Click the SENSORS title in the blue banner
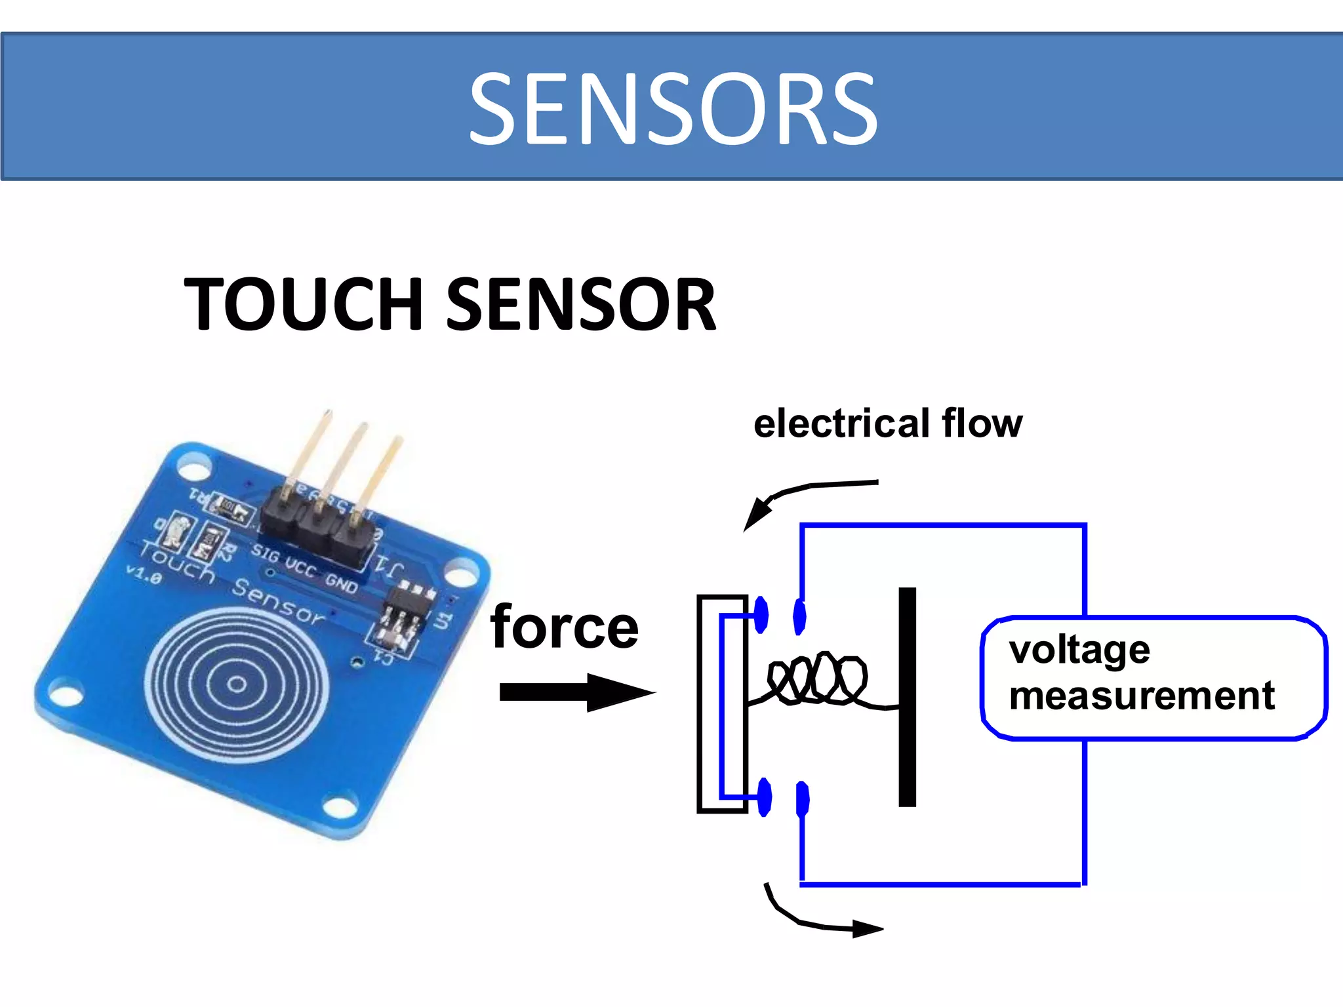tap(673, 109)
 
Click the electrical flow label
tap(887, 424)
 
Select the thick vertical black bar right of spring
tap(907, 696)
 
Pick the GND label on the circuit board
tap(342, 582)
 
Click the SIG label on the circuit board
tap(265, 553)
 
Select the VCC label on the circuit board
tap(300, 566)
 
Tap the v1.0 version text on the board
tap(144, 575)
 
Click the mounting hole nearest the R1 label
tap(193, 469)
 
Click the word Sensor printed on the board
tap(278, 601)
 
